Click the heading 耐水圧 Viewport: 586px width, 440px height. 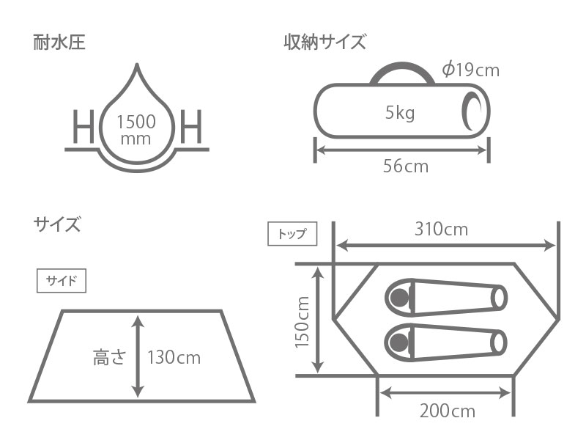(x=59, y=43)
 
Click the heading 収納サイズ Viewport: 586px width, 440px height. (x=324, y=43)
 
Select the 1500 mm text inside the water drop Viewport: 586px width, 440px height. (x=137, y=129)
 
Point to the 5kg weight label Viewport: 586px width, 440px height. (x=400, y=112)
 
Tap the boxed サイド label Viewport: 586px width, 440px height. (x=62, y=281)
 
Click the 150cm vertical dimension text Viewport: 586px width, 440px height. (x=303, y=323)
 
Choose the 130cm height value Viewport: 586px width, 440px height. (x=174, y=358)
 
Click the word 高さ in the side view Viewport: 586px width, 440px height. (x=110, y=358)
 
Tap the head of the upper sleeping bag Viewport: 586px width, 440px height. (x=399, y=297)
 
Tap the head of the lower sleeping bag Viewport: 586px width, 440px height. (x=399, y=340)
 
